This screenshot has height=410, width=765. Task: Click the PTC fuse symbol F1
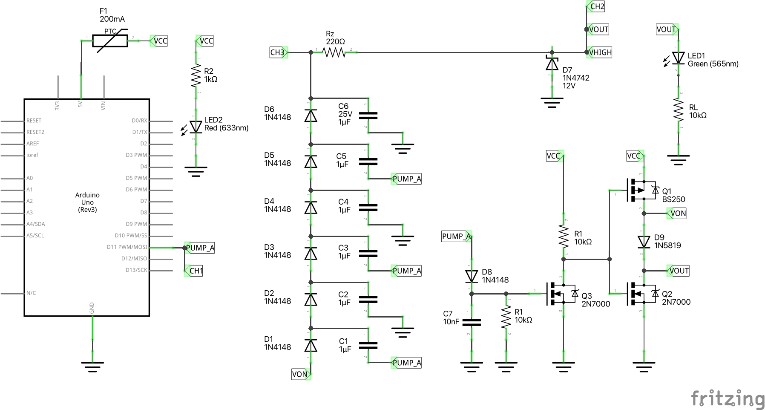tap(110, 41)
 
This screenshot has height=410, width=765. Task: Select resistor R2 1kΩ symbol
tap(196, 75)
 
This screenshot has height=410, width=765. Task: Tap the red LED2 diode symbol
tap(196, 127)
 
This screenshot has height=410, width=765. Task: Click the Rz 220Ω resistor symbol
tap(334, 52)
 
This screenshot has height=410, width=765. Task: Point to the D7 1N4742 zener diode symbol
tap(552, 64)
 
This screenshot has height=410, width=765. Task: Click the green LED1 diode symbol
tap(678, 58)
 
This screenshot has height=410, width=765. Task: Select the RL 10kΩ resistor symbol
tap(679, 110)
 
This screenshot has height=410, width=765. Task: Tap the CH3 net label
tap(278, 52)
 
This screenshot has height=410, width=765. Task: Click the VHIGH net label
tap(600, 52)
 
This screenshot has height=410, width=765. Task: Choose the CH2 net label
tap(596, 6)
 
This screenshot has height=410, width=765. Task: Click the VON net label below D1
tap(300, 374)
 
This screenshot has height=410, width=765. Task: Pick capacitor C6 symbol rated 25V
tap(368, 115)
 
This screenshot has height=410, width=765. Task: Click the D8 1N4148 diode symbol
tap(472, 276)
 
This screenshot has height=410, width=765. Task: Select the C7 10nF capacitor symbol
tap(472, 323)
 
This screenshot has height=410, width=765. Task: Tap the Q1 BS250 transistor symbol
tap(641, 190)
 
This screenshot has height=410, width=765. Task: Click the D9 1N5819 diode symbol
tap(644, 242)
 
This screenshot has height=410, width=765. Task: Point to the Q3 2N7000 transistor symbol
tap(561, 294)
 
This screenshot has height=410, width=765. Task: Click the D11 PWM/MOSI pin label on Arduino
tap(127, 247)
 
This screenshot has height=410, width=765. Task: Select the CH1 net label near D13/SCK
tap(195, 271)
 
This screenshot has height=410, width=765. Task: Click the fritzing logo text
tap(728, 399)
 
